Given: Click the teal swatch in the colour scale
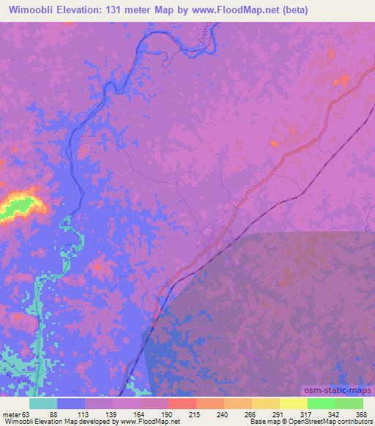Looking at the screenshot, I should click(x=45, y=403).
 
